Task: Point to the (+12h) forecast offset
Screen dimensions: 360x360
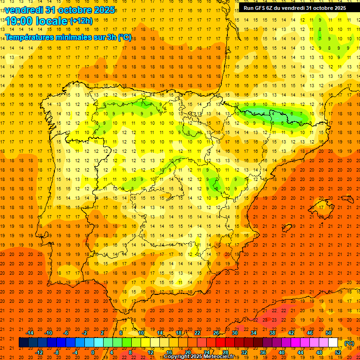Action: click(81, 21)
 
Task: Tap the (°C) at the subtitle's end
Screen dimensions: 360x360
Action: click(124, 37)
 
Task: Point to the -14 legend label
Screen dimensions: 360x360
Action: click(30, 333)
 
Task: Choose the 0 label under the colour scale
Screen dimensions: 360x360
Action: click(93, 352)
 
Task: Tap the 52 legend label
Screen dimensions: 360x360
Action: click(338, 352)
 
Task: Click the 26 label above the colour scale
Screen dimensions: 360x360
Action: click(216, 333)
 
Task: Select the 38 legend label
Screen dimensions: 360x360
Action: click(272, 333)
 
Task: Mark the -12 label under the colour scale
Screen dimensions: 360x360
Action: click(39, 352)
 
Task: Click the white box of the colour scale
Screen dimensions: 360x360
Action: click(333, 343)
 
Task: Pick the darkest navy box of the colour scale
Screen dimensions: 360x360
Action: click(23, 343)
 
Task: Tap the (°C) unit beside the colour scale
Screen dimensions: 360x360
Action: click(349, 343)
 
